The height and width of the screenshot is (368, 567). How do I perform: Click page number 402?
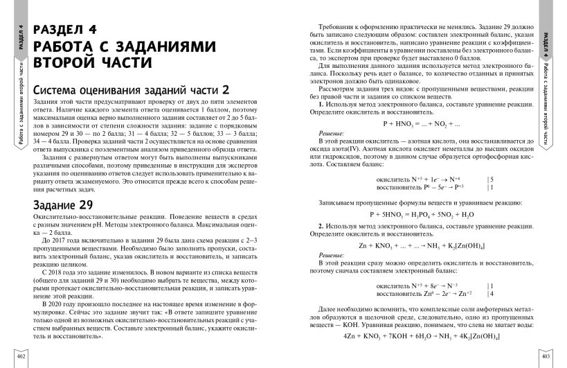tap(20, 356)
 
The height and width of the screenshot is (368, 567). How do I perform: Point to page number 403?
tap(545, 356)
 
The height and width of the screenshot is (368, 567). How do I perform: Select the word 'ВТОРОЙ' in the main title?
tap(64, 62)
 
